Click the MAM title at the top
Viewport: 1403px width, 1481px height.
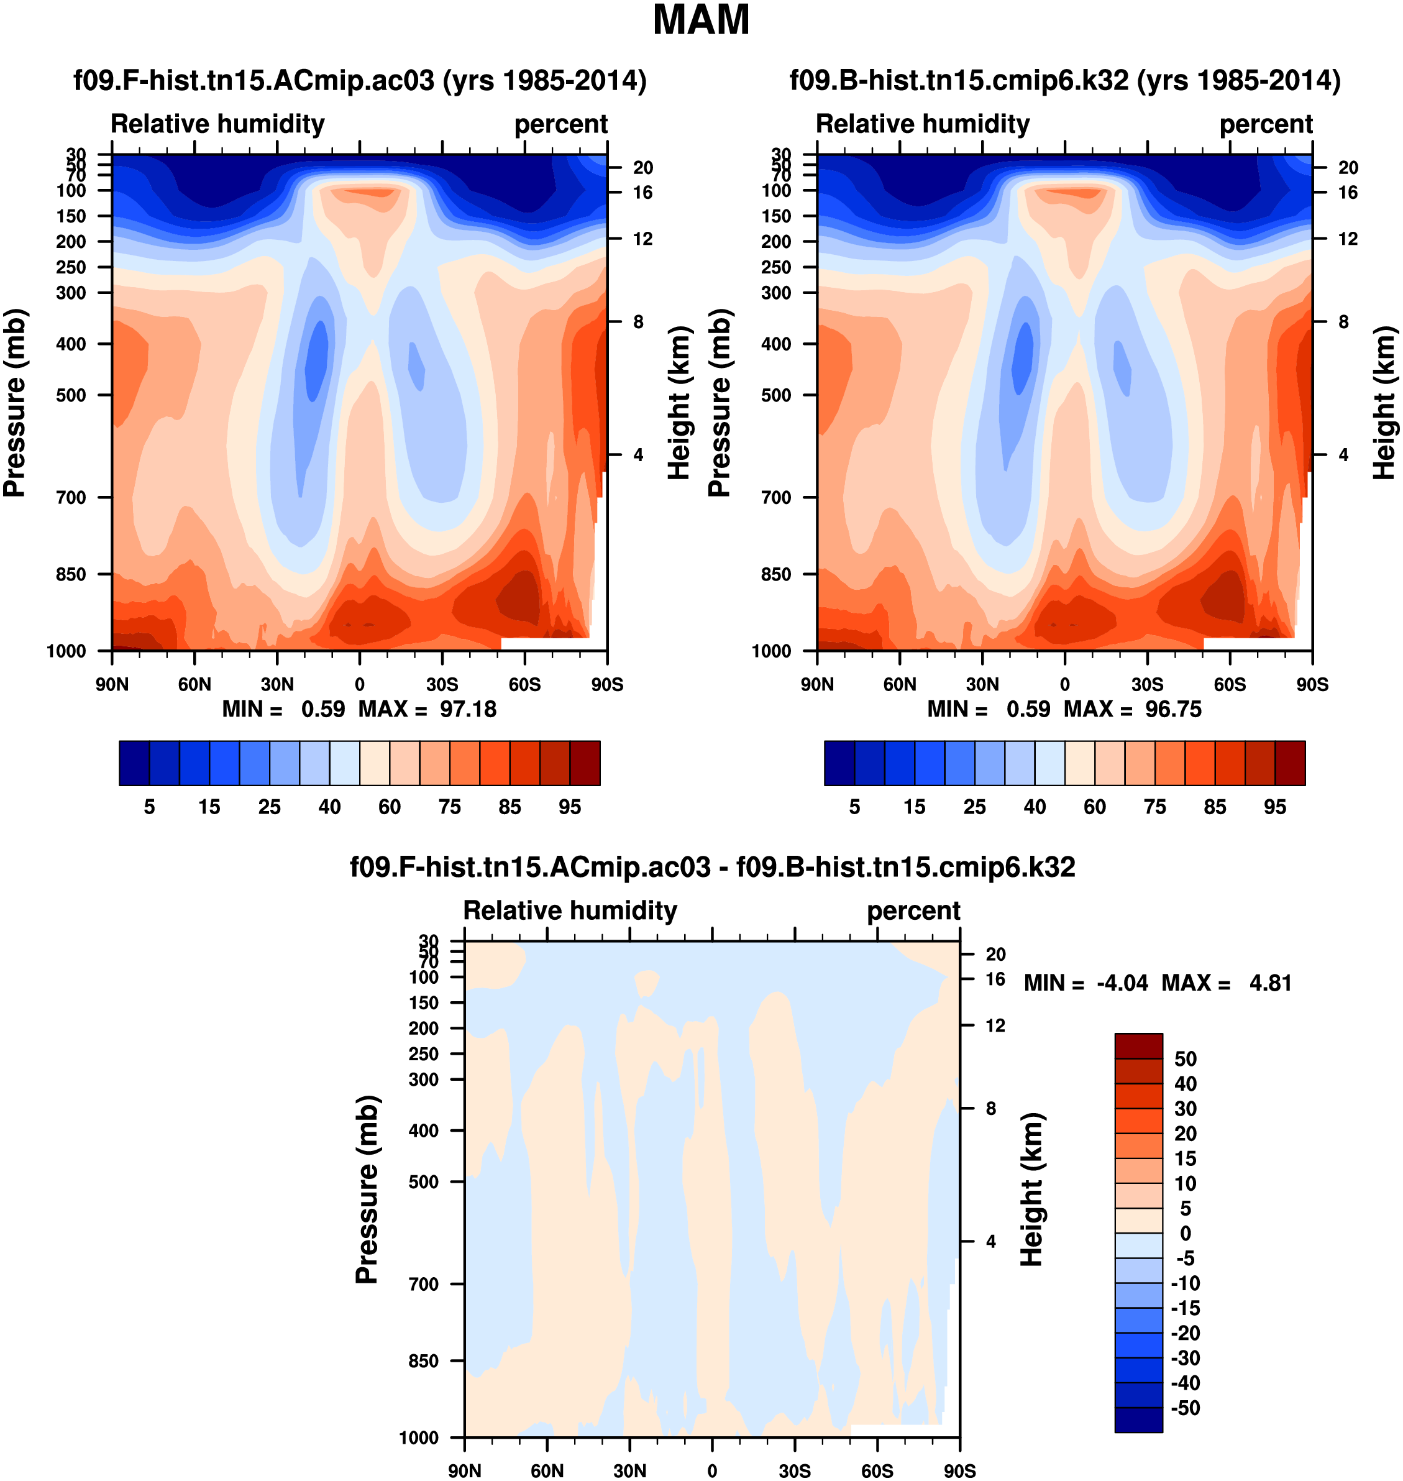click(701, 20)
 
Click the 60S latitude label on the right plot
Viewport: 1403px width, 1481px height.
click(1230, 684)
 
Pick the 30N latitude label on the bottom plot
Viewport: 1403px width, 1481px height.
click(629, 1470)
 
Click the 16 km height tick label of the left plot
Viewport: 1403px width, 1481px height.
click(642, 193)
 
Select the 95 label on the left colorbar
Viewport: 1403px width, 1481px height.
click(570, 806)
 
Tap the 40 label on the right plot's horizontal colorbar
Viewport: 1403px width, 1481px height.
click(1035, 806)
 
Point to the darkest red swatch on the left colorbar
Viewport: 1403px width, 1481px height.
click(585, 763)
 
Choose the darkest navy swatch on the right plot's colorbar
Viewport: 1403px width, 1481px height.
click(839, 763)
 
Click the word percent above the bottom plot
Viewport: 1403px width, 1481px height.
click(913, 910)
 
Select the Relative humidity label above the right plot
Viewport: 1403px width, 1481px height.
click(923, 124)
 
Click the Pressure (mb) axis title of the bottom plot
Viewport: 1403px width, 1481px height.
click(367, 1190)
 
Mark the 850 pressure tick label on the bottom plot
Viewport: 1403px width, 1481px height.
click(423, 1360)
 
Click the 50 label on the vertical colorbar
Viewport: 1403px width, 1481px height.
click(1186, 1058)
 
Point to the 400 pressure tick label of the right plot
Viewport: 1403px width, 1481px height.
click(775, 344)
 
